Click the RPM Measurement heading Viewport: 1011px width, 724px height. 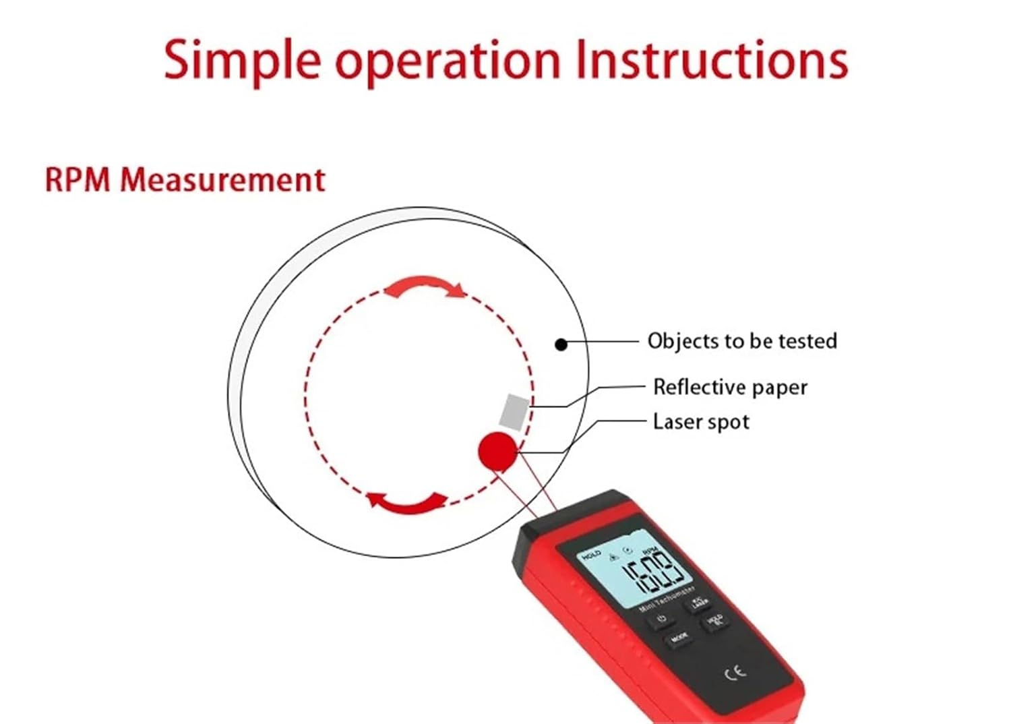coord(185,180)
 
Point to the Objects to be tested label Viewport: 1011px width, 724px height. coord(742,341)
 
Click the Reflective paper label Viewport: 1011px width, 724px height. coord(730,388)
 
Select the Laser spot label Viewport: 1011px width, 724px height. coord(701,423)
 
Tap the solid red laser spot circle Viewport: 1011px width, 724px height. coord(498,450)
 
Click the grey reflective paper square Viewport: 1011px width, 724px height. coord(516,411)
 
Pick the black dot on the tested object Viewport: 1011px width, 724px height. coord(561,344)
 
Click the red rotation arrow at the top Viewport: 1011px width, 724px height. coord(425,286)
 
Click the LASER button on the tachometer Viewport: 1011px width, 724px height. coord(699,603)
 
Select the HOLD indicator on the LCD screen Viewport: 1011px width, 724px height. coord(590,555)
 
